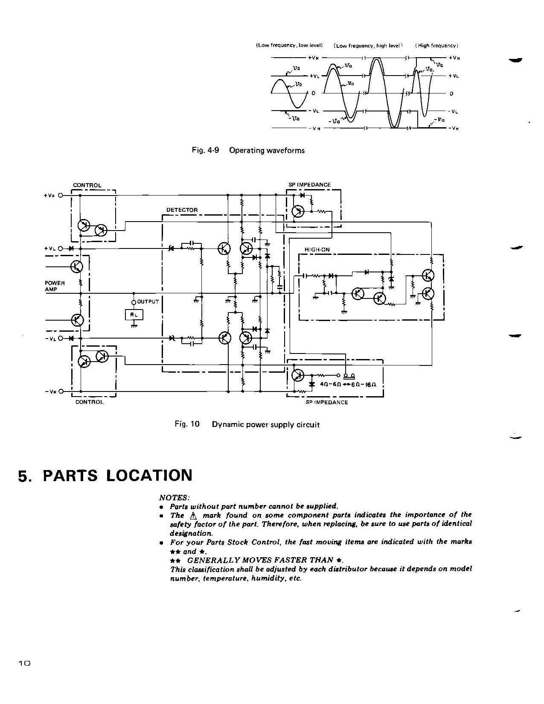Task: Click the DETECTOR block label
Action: tap(182, 210)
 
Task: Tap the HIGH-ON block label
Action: tap(317, 250)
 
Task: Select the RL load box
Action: tap(134, 315)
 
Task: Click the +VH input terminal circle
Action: tap(61, 196)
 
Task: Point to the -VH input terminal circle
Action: tap(61, 391)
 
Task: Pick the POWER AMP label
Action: tap(55, 286)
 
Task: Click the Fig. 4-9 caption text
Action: tap(249, 150)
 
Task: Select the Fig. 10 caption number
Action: tap(187, 424)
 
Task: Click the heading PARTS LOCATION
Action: tap(117, 476)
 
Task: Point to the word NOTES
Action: tap(173, 497)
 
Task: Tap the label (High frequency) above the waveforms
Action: tap(436, 46)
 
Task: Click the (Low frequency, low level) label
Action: tap(289, 45)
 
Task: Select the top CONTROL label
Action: tap(87, 185)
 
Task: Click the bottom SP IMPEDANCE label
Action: tap(327, 402)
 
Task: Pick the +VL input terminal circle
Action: tap(61, 248)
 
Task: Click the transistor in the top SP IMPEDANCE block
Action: tap(299, 211)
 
